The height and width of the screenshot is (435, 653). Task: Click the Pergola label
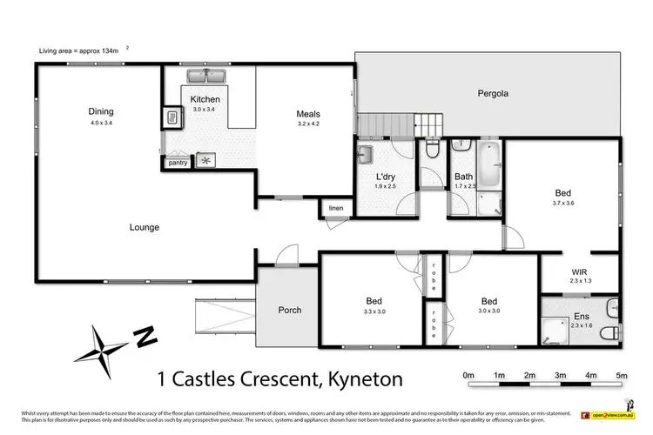pos(492,92)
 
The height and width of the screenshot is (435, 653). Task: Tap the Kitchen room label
pos(199,99)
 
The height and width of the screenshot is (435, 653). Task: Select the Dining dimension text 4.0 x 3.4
pos(101,124)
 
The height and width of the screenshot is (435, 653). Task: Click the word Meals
pos(308,114)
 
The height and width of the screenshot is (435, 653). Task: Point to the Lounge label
pos(145,228)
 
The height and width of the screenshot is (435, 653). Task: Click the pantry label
pos(178,163)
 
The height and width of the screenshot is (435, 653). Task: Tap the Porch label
pos(289,310)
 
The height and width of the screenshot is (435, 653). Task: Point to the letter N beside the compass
pos(144,334)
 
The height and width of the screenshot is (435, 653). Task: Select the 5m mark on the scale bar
pos(621,375)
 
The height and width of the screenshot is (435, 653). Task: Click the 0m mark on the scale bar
pos(468,375)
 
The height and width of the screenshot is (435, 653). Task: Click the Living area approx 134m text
pos(82,50)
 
